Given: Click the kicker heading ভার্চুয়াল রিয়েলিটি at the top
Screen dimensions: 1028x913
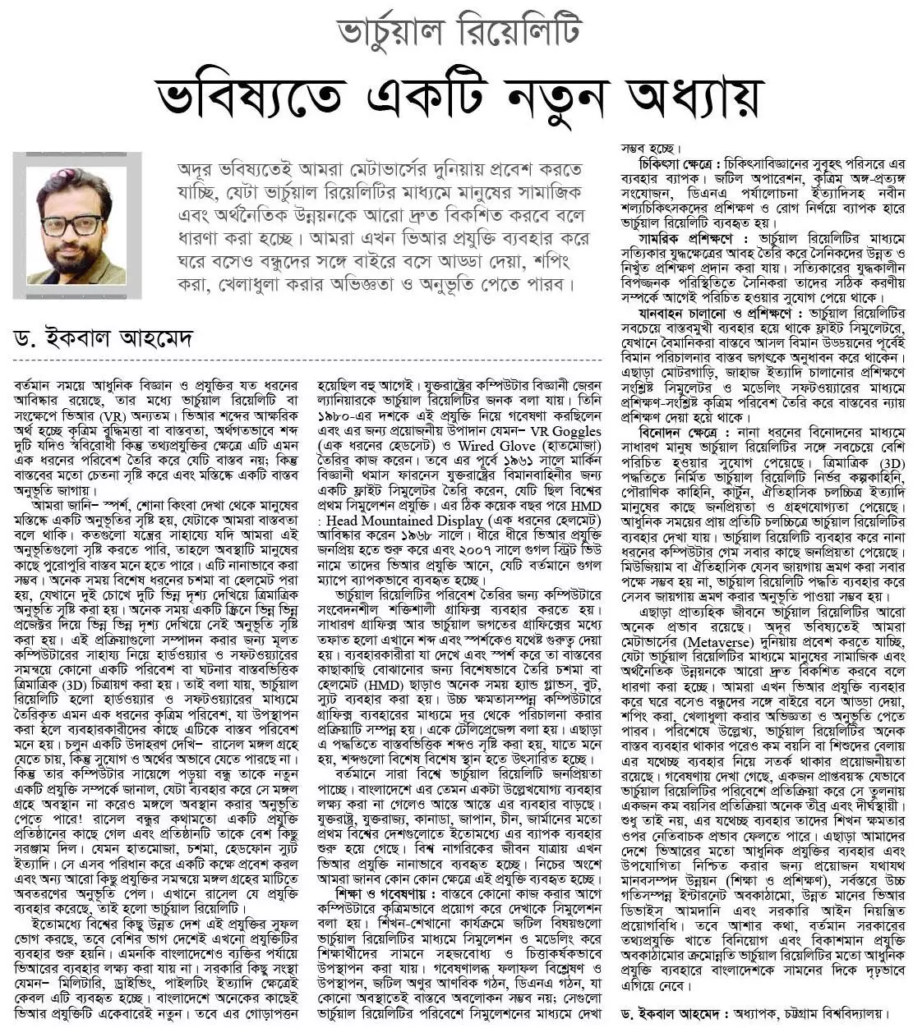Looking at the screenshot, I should point(459,32).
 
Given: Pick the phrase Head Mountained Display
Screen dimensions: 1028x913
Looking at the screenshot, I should point(403,520).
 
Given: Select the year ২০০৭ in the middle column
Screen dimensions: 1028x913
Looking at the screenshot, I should point(497,548).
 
